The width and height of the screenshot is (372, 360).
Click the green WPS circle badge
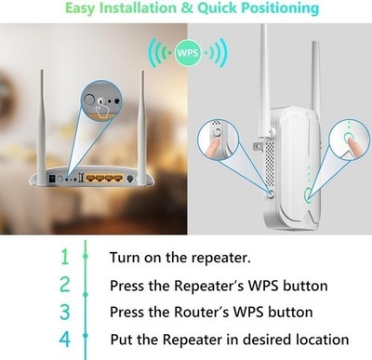pyautogui.click(x=188, y=53)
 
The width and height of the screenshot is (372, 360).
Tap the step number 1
pyautogui.click(x=65, y=257)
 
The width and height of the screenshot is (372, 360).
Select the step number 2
pyautogui.click(x=65, y=285)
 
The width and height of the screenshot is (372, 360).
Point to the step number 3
pyautogui.click(x=65, y=312)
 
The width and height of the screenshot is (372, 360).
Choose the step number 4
pyautogui.click(x=65, y=339)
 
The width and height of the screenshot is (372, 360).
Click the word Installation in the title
pyautogui.click(x=139, y=7)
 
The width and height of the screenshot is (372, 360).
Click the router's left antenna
pyautogui.click(x=42, y=127)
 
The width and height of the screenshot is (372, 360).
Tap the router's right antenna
pyautogui.click(x=142, y=127)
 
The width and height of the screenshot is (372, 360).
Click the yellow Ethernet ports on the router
pyautogui.click(x=104, y=179)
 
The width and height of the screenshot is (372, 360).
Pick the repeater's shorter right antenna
pyautogui.click(x=315, y=77)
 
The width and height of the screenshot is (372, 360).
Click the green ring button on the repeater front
pyautogui.click(x=308, y=194)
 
